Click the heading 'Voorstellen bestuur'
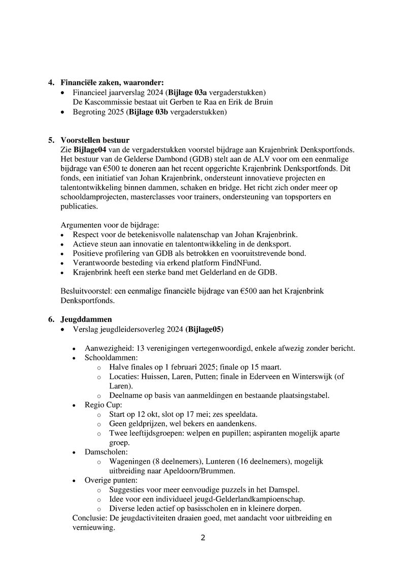point(95,140)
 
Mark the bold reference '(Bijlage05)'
point(204,329)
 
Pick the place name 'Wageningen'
point(129,461)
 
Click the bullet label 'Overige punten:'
point(104,480)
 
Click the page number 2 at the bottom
point(203,538)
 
